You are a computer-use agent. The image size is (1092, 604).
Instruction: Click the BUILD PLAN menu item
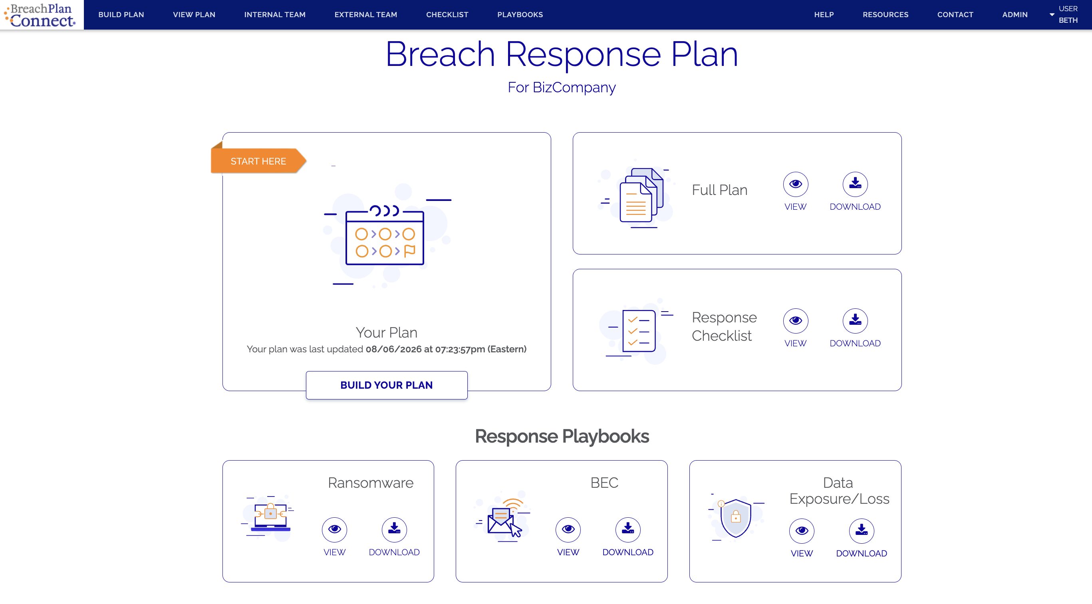coord(121,14)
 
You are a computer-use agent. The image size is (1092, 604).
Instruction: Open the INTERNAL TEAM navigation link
coord(275,14)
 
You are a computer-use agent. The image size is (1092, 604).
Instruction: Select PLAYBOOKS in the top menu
coord(520,14)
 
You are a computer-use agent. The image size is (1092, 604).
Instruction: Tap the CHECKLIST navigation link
coord(447,14)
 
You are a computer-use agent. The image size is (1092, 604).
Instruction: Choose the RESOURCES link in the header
coord(886,14)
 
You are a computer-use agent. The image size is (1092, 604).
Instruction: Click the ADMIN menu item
coord(1015,14)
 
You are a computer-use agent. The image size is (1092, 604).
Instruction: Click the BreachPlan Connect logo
coord(41,15)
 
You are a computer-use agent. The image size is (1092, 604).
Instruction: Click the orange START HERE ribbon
coord(258,161)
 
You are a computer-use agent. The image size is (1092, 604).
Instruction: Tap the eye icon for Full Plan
coord(795,184)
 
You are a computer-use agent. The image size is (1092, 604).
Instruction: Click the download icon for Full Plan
coord(855,184)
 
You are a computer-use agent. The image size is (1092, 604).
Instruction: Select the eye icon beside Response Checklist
coord(795,320)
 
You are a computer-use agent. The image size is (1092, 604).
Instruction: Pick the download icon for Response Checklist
coord(855,320)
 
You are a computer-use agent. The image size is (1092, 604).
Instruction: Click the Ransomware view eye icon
coord(334,529)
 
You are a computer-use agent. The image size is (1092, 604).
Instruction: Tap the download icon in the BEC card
coord(628,529)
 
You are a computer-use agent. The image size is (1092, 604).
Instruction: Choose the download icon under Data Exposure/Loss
coord(862,530)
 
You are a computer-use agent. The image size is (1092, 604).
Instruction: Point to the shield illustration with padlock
coord(736,517)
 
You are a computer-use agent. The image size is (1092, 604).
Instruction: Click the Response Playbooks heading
coord(562,436)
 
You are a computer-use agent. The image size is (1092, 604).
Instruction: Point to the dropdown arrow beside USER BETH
coord(1052,14)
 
